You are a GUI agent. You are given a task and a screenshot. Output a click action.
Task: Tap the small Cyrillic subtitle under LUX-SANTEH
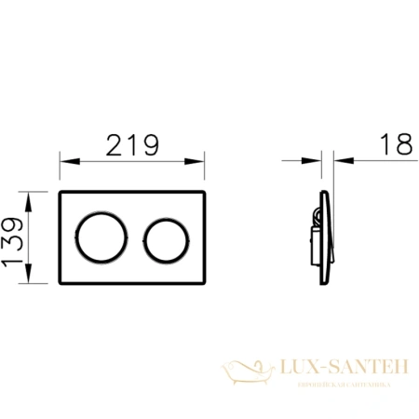pyautogui.click(x=336, y=385)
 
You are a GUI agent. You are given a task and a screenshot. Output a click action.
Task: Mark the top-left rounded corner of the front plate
pyautogui.click(x=61, y=196)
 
